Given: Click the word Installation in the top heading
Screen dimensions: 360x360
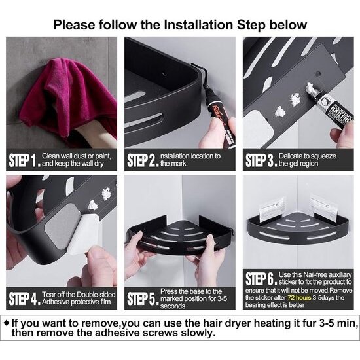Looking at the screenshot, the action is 198,25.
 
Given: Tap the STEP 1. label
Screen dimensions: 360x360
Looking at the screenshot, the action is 25,160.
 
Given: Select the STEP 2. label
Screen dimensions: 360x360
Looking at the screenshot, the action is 143,160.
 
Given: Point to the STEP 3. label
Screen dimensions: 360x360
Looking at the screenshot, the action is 261,160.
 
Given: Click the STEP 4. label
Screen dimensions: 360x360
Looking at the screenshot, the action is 25,298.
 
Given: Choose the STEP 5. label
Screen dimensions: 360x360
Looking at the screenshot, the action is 143,298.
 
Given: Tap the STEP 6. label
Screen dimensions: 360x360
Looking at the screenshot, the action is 261,279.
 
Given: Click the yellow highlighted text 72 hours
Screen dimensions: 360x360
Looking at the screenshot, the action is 299,298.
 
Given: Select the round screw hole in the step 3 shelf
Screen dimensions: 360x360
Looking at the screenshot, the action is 318,74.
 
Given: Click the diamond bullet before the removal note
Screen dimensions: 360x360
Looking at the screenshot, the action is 7,323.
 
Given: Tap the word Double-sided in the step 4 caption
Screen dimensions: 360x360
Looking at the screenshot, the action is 96,295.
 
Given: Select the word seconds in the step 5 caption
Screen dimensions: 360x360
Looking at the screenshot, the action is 173,306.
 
